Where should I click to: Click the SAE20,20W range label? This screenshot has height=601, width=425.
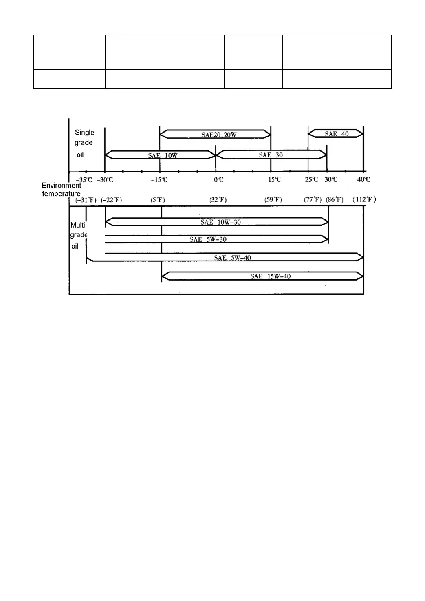219,135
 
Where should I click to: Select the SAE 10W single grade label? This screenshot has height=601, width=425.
163,155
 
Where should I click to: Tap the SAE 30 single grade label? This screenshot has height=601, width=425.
271,155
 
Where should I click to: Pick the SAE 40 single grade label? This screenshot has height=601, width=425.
337,134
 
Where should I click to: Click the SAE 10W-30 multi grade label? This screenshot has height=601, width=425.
220,222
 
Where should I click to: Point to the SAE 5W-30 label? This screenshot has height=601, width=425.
208,239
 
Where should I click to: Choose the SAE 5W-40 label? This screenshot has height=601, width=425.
232,258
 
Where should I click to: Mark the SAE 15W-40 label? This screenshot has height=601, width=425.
270,276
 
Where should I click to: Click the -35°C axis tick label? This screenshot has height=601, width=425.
84,180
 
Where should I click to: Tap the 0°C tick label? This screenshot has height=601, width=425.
219,180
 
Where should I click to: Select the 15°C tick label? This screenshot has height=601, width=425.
274,180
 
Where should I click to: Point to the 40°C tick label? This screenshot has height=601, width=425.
363,180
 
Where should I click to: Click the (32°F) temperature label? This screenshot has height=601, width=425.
218,200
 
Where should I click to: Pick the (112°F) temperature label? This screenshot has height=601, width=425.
364,199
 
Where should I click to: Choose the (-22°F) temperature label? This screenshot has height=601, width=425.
111,200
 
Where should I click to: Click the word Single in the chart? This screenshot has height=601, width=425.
84,133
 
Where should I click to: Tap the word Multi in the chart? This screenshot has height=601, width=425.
77,225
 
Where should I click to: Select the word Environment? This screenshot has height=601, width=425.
62,186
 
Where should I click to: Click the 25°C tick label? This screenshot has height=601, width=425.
311,180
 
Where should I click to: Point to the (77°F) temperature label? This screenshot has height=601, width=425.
313,200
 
